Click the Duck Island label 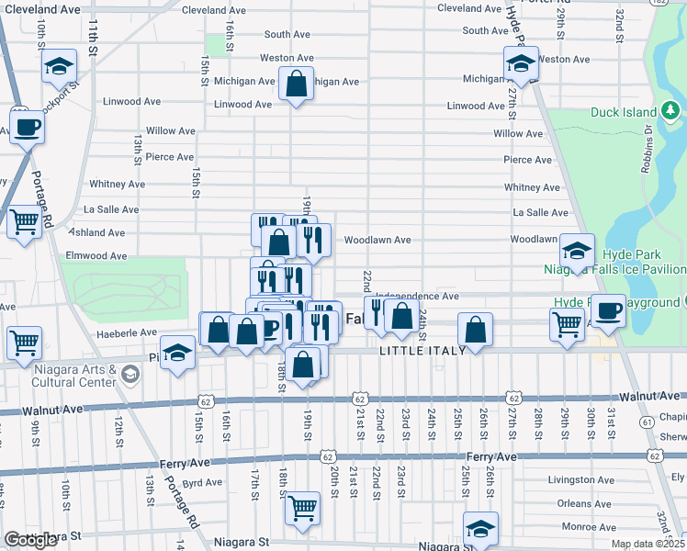623,113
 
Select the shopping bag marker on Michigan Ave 297,84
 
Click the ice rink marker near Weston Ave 520,64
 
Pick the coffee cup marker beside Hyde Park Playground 608,311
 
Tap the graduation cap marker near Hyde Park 577,251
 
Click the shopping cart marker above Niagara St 302,508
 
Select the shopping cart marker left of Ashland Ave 24,221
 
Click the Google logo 30,540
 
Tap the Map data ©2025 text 647,544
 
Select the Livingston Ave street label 580,479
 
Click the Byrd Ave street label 203,482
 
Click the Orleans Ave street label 586,503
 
